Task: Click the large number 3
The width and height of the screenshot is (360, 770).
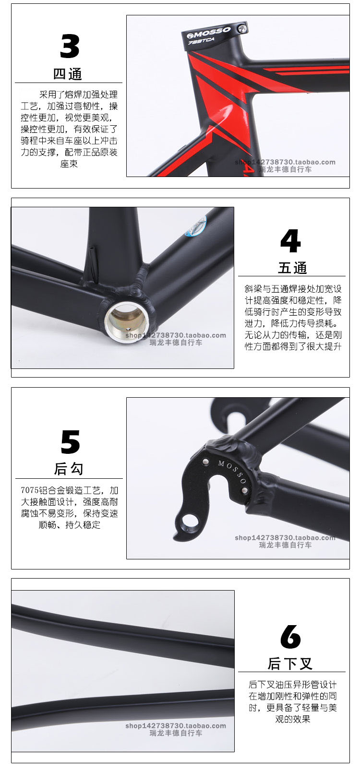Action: pyautogui.click(x=70, y=46)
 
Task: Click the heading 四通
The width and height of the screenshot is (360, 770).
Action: pyautogui.click(x=68, y=74)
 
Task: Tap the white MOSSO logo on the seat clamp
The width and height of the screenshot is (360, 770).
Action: pyautogui.click(x=209, y=33)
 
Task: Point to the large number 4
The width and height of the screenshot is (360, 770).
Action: pyautogui.click(x=290, y=241)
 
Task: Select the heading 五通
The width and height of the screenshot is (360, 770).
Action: pyautogui.click(x=292, y=268)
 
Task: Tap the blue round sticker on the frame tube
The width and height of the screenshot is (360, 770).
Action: pyautogui.click(x=196, y=226)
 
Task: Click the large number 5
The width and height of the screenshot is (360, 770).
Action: pyautogui.click(x=70, y=442)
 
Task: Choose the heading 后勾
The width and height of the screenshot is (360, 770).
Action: pyautogui.click(x=69, y=469)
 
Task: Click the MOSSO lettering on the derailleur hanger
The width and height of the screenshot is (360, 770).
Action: pyautogui.click(x=232, y=471)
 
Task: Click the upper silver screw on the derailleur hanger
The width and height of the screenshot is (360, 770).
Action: pyautogui.click(x=205, y=461)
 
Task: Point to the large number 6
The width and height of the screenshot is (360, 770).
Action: pyautogui.click(x=290, y=637)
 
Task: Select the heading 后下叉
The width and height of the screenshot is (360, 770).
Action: pyautogui.click(x=290, y=664)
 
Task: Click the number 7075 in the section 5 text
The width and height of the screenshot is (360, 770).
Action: pyautogui.click(x=30, y=490)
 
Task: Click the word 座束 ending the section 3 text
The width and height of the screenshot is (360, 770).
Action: pyautogui.click(x=69, y=164)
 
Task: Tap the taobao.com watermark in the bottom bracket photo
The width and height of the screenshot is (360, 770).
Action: pyautogui.click(x=176, y=335)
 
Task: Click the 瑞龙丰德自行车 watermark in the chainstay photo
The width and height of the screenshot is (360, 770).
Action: pyautogui.click(x=176, y=733)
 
